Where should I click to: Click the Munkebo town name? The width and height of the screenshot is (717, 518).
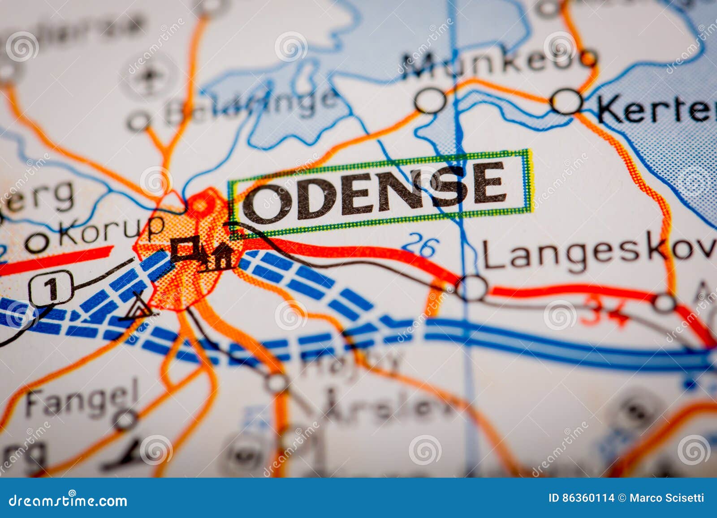pos(497,63)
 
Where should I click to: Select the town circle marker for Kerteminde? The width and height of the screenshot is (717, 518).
pos(567,102)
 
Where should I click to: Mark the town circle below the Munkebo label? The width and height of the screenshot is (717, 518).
pos(430,101)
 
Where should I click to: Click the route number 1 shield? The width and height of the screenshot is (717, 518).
pos(52,288)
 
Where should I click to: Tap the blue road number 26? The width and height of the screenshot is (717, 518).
pos(420,246)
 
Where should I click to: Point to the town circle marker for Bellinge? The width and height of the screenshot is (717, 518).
pos(138,121)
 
